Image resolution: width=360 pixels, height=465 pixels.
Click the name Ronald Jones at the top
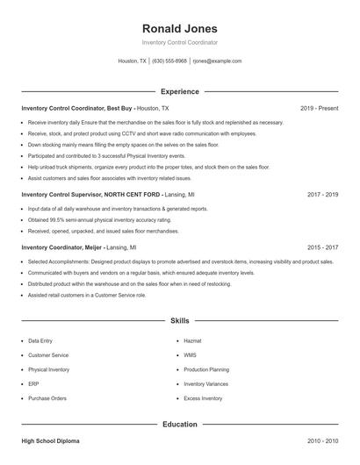click(179, 28)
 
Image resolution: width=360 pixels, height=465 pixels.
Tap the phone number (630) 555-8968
click(169, 61)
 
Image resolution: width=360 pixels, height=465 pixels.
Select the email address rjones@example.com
click(217, 61)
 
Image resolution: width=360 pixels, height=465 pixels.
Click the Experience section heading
click(179, 91)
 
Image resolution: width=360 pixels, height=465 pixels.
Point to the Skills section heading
click(179, 322)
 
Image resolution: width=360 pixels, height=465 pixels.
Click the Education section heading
click(179, 424)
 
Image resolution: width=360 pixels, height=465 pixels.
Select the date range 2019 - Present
click(319, 108)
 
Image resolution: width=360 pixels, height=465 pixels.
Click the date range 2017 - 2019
click(322, 194)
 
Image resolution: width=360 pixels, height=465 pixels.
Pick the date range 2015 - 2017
click(322, 247)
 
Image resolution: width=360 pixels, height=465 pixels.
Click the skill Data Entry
click(40, 340)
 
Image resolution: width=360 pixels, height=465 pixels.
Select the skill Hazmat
click(192, 340)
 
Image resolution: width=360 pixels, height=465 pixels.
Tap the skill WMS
click(190, 355)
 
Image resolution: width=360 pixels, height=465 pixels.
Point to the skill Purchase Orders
click(47, 398)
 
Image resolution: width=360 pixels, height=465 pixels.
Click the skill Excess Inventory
click(203, 398)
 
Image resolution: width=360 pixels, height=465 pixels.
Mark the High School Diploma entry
click(50, 440)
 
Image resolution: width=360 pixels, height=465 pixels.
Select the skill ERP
click(33, 383)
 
